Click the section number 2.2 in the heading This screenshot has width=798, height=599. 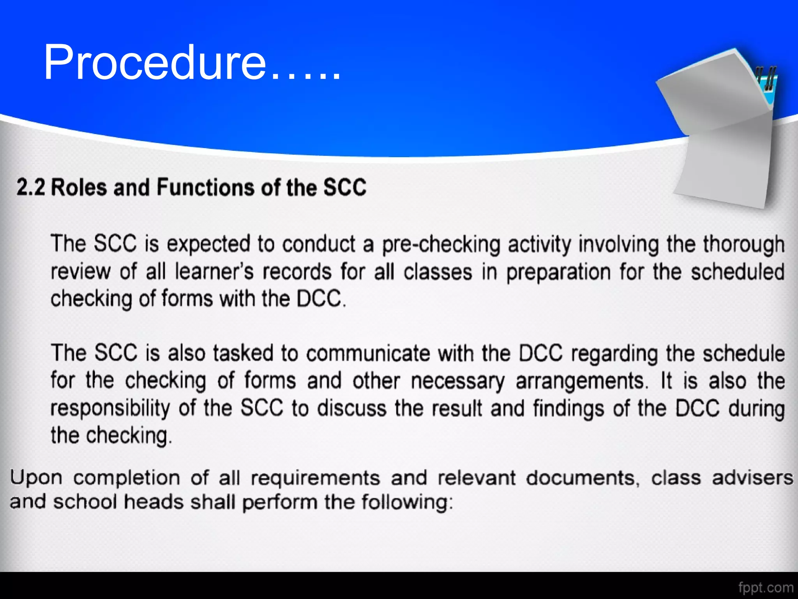point(31,187)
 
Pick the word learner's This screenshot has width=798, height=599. point(214,272)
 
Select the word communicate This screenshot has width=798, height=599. point(368,353)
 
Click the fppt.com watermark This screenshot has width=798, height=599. point(766,587)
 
